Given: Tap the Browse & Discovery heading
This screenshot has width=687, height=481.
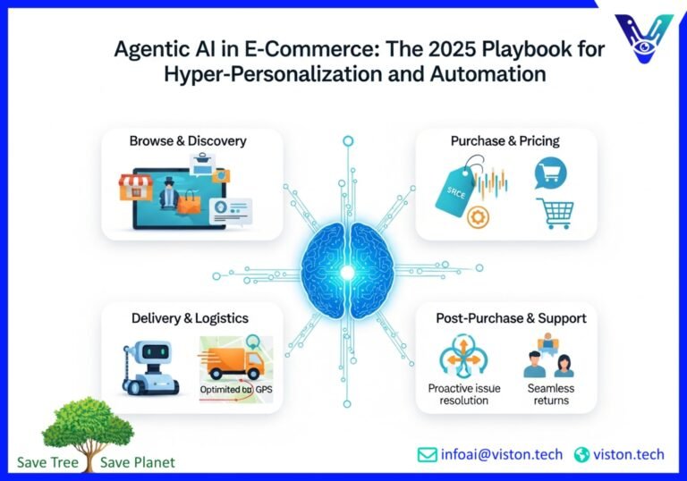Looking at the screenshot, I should [188, 141].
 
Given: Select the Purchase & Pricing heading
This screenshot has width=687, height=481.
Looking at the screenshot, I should [505, 141].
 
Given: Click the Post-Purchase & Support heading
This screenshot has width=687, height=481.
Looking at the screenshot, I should [511, 318].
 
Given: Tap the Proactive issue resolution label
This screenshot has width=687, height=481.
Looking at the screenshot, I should [464, 394].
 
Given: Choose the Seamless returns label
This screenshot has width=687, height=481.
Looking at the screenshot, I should [550, 394].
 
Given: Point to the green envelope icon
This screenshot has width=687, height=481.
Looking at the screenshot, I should [428, 454].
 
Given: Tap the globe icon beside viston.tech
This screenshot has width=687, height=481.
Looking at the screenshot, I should [582, 454].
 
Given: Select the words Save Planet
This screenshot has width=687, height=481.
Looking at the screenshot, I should [138, 462].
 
